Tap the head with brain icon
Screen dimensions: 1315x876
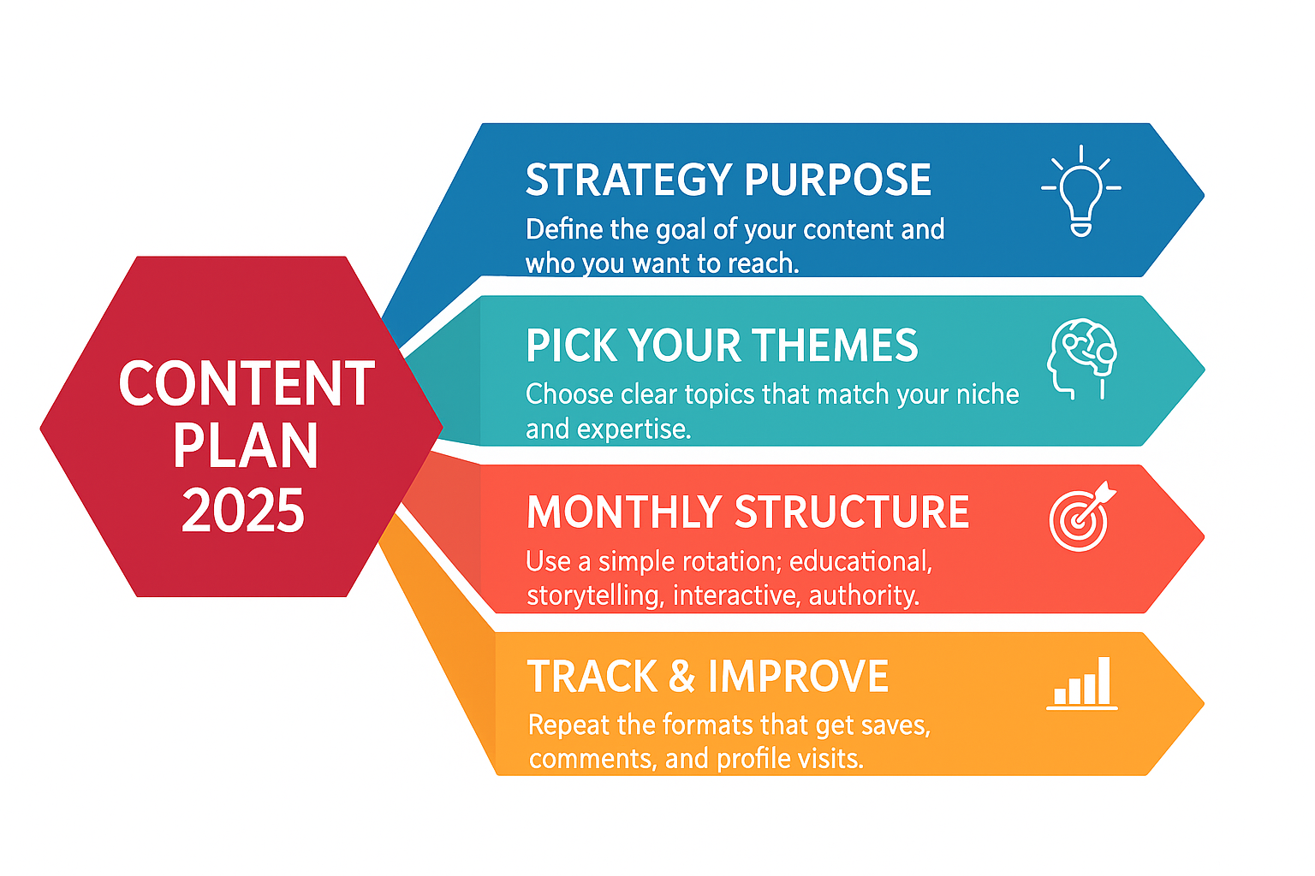pyautogui.click(x=1081, y=359)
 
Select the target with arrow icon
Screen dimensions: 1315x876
pyautogui.click(x=1082, y=517)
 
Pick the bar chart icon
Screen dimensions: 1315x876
pyautogui.click(x=1082, y=684)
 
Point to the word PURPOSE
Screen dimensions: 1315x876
pyautogui.click(x=838, y=180)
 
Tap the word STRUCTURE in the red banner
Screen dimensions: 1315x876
pyautogui.click(x=852, y=512)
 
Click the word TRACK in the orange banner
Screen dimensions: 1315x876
pyautogui.click(x=592, y=677)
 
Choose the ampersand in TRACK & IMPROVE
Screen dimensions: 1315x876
pyautogui.click(x=682, y=677)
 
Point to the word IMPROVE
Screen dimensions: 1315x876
pyautogui.click(x=799, y=677)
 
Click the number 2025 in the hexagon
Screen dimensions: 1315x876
pyautogui.click(x=243, y=511)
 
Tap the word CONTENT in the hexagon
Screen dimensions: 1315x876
pyautogui.click(x=247, y=383)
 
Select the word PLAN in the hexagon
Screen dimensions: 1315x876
pyautogui.click(x=246, y=446)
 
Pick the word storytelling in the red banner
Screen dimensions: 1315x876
pyautogui.click(x=596, y=596)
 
